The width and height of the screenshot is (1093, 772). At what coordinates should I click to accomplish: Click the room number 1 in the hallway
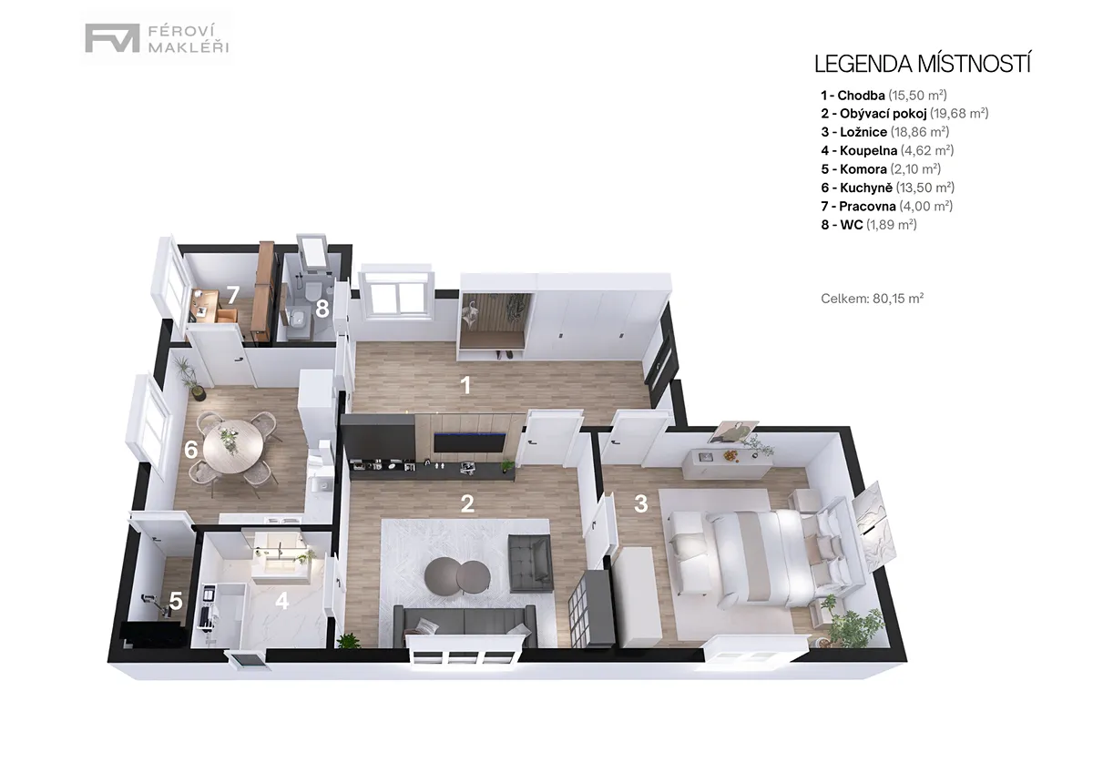(466, 385)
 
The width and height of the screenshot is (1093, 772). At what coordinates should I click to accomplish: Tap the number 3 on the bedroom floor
(640, 503)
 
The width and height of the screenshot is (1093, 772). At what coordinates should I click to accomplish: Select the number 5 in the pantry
(176, 602)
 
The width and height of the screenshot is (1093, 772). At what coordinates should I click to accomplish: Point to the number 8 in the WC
(322, 309)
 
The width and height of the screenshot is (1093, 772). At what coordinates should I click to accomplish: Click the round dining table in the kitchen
(233, 446)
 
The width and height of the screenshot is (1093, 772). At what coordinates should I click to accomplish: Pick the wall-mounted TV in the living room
(469, 442)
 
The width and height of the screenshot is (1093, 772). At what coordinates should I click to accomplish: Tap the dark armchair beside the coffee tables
(530, 564)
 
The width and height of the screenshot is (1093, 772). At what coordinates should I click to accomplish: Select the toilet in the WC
(312, 291)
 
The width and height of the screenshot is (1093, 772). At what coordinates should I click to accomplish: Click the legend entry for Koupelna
(887, 150)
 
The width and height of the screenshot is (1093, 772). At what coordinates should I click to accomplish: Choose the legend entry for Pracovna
(886, 207)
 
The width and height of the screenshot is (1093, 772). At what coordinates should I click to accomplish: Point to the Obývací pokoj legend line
(904, 113)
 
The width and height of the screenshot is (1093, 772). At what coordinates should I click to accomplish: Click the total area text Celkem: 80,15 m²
(872, 298)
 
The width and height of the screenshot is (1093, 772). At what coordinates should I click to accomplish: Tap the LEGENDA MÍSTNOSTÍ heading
(922, 65)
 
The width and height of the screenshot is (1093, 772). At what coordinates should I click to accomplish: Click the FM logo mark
(112, 38)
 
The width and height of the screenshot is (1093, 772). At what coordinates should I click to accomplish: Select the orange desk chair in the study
(228, 315)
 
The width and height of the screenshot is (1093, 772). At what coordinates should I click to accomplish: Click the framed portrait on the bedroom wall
(733, 432)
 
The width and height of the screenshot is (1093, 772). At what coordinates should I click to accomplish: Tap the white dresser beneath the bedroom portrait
(727, 463)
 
